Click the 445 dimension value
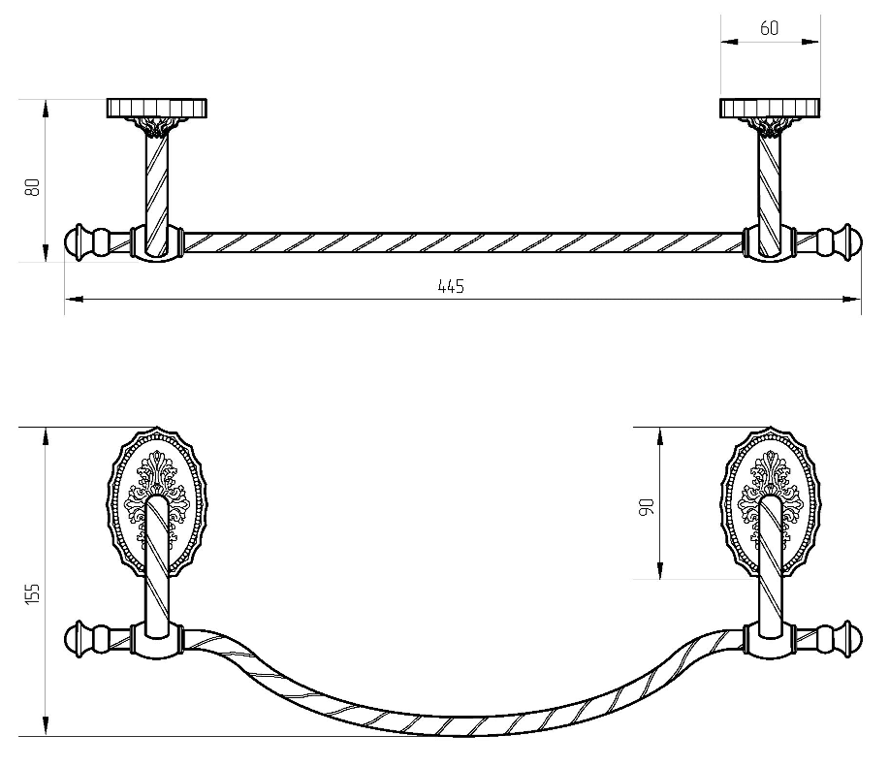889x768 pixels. (451, 286)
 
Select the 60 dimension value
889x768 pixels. (770, 28)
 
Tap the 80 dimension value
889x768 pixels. (32, 186)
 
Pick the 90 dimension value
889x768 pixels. (647, 506)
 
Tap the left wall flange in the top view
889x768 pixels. (156, 108)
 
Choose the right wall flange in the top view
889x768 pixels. (770, 108)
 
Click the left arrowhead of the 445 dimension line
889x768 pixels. (73, 299)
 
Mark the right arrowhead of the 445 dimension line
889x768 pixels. (852, 299)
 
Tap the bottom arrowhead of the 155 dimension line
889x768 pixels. (46, 726)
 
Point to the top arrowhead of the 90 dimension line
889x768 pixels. (660, 436)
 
